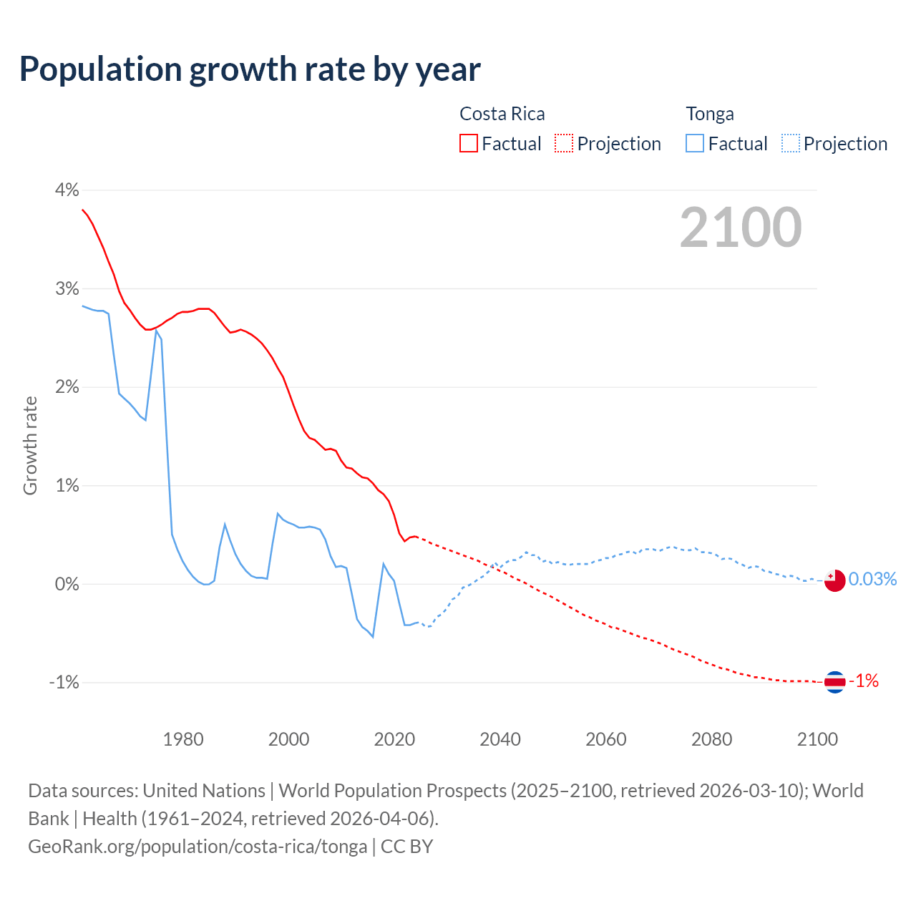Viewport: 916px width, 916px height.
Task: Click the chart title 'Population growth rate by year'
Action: pyautogui.click(x=250, y=69)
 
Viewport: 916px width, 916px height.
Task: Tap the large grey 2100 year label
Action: pyautogui.click(x=741, y=228)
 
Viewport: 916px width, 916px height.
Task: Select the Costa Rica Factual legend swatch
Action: pyautogui.click(x=469, y=143)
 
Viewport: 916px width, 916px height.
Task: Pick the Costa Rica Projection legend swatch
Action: pyautogui.click(x=564, y=143)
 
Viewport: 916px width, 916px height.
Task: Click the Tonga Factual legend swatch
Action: pyautogui.click(x=695, y=143)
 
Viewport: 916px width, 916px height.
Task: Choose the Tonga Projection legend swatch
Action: pyautogui.click(x=791, y=143)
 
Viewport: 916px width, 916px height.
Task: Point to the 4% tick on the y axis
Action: pyautogui.click(x=67, y=190)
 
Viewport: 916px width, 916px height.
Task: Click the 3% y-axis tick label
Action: pyautogui.click(x=67, y=288)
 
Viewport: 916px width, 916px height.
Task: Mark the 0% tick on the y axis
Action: pyautogui.click(x=67, y=584)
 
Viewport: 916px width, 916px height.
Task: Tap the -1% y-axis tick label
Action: pyautogui.click(x=64, y=683)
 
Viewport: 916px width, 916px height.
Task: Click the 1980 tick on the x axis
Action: pyautogui.click(x=183, y=739)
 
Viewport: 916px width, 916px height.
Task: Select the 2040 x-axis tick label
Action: pyautogui.click(x=500, y=739)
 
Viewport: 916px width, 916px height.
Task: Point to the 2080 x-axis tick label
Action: pyautogui.click(x=711, y=739)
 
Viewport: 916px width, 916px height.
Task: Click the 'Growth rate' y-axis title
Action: pyautogui.click(x=30, y=445)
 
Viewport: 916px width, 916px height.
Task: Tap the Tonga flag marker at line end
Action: pyautogui.click(x=834, y=580)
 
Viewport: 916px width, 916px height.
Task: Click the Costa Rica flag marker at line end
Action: pyautogui.click(x=834, y=682)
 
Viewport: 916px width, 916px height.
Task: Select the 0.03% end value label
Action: pyautogui.click(x=872, y=579)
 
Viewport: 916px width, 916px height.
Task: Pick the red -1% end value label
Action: pyautogui.click(x=864, y=681)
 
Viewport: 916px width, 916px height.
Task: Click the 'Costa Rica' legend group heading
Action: pyautogui.click(x=502, y=114)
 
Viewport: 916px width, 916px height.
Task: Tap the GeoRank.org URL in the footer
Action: pyautogui.click(x=198, y=846)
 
